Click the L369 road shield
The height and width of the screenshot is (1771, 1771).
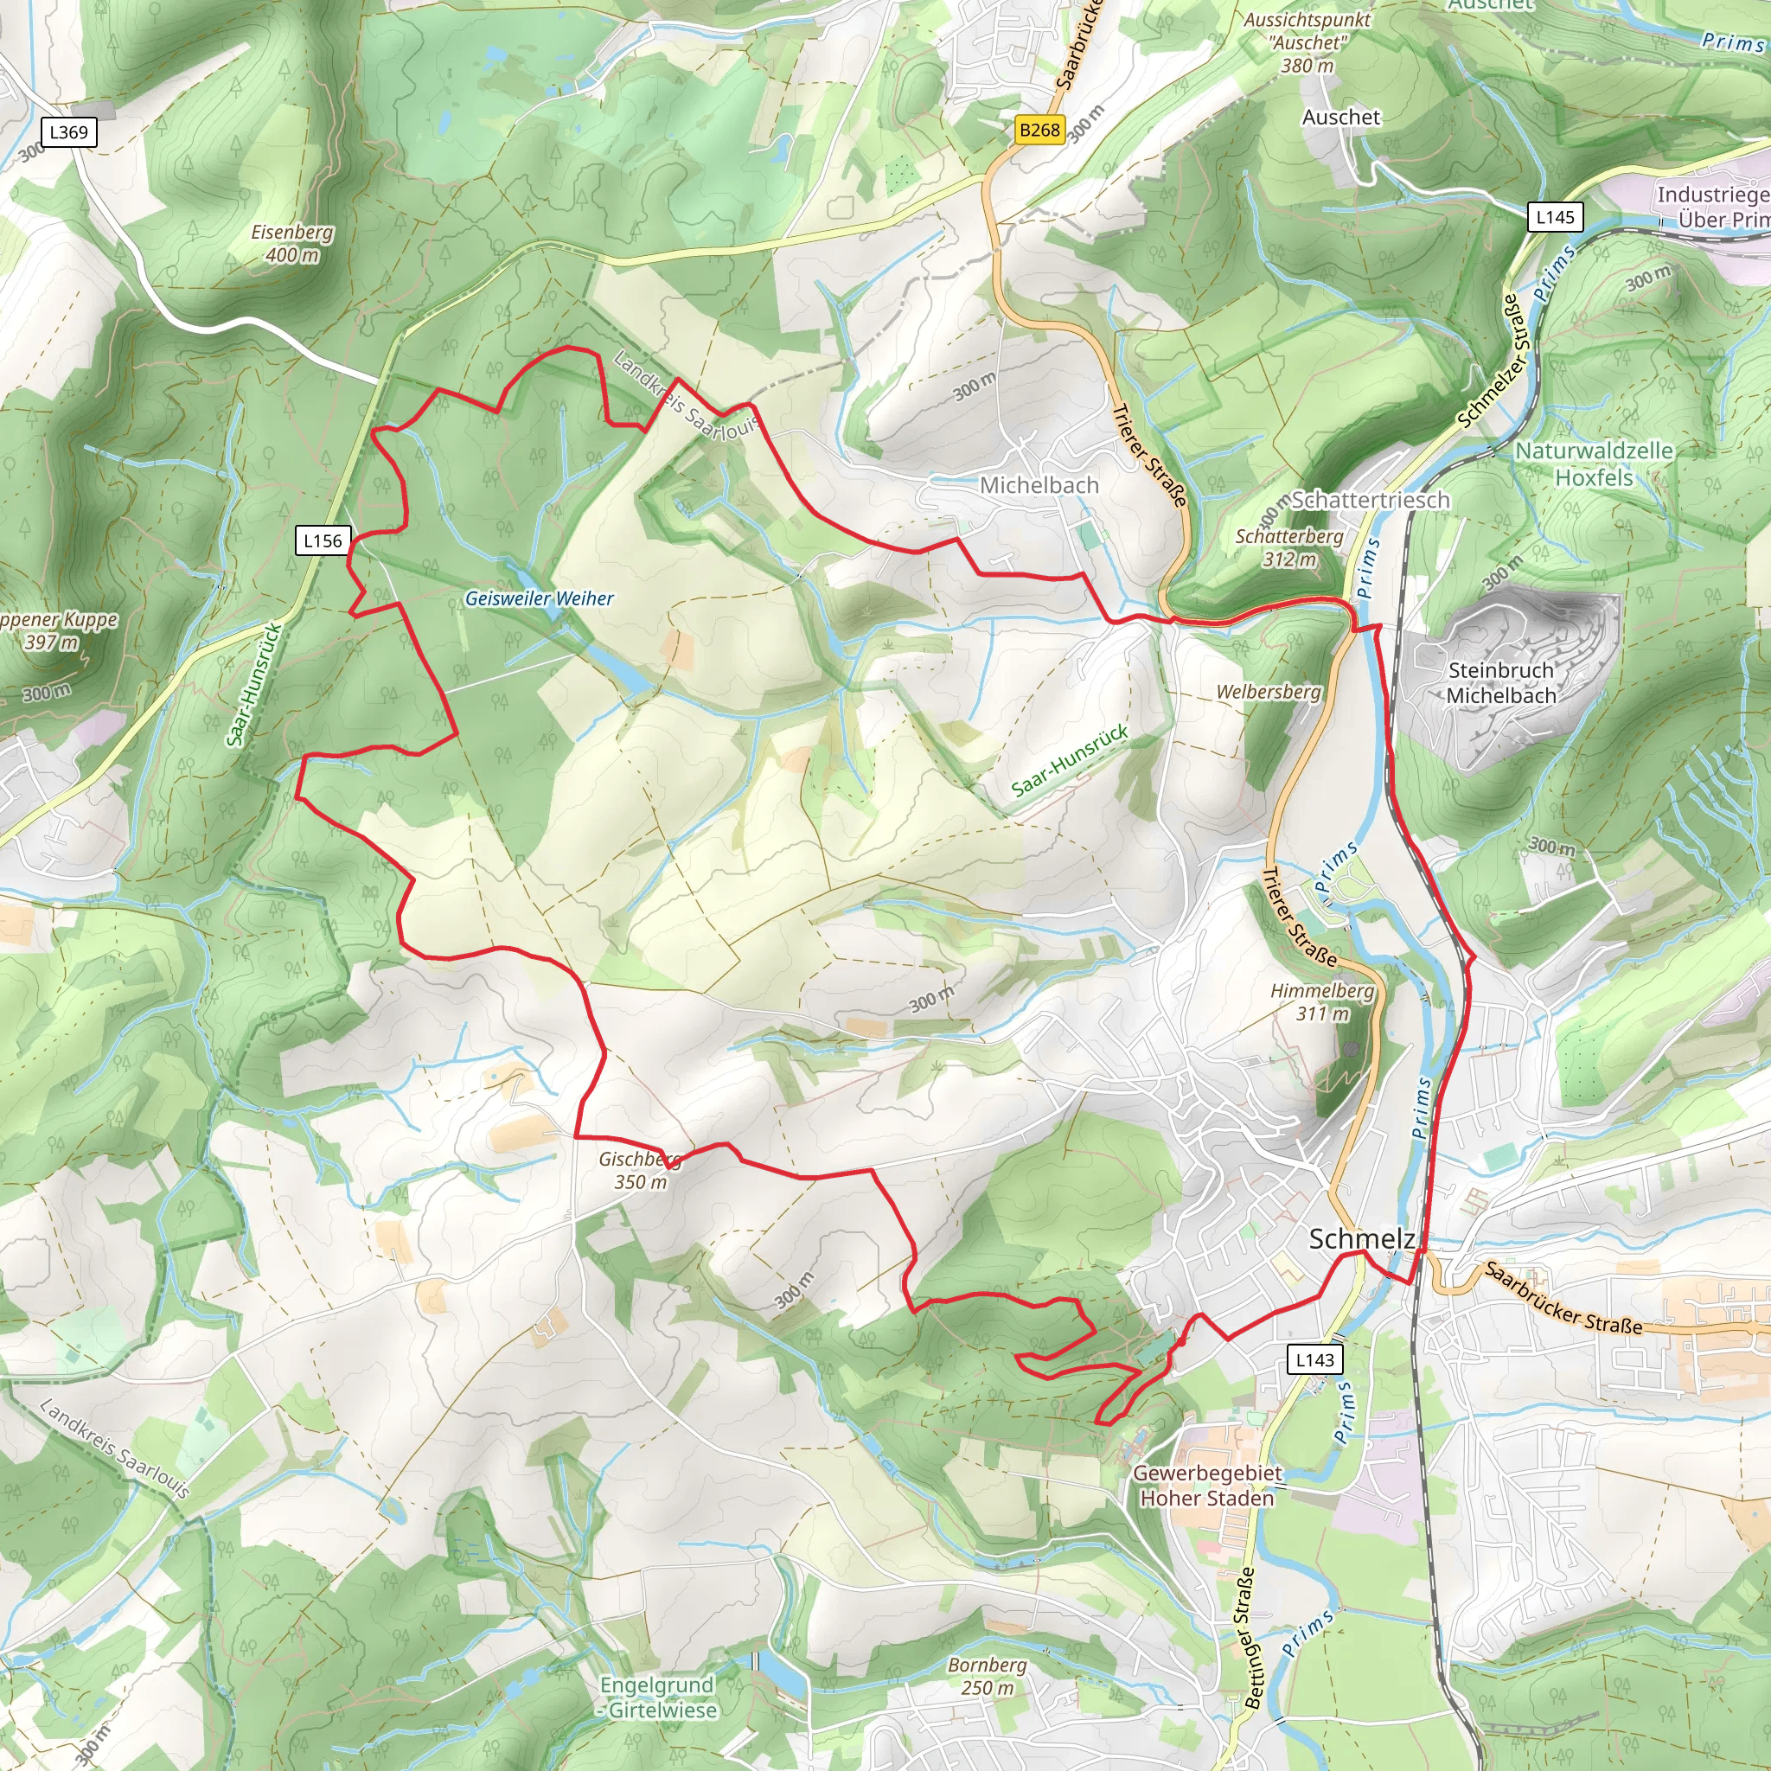point(69,132)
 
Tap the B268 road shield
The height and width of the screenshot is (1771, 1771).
point(1039,131)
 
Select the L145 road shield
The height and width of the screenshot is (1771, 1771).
point(1556,217)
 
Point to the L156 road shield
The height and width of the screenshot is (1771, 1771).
point(323,540)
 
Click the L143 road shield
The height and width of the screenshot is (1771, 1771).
point(1314,1359)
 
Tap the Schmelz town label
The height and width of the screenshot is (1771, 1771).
point(1361,1238)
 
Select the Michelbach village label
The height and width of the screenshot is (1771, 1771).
point(1039,485)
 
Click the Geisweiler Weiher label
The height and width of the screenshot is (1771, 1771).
point(539,598)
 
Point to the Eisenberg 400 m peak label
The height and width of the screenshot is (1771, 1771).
point(292,244)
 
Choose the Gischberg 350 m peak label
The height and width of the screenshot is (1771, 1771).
point(640,1171)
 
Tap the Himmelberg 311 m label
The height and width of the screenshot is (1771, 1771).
point(1322,1002)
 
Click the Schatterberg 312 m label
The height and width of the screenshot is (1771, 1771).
point(1288,547)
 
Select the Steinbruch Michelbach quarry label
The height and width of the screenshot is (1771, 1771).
point(1500,683)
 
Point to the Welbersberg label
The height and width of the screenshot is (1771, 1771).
point(1269,692)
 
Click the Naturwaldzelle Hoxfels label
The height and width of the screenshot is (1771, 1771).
point(1593,464)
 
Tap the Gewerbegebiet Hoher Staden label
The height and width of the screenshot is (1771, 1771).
point(1206,1485)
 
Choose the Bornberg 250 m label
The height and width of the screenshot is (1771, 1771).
point(988,1676)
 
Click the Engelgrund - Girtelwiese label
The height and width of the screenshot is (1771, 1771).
point(657,1697)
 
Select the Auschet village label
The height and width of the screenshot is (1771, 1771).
point(1341,118)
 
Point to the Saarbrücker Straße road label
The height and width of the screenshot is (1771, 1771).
point(1563,1298)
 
